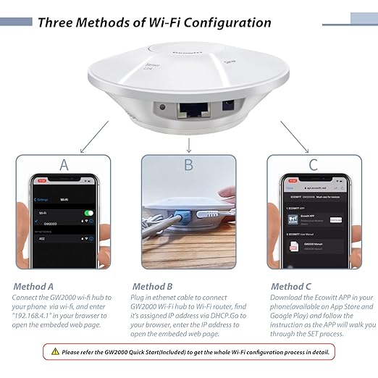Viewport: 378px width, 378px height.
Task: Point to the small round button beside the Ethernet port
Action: click(x=163, y=108)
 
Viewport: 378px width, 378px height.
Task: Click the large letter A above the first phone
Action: click(x=64, y=165)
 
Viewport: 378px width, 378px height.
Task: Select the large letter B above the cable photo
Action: click(x=188, y=165)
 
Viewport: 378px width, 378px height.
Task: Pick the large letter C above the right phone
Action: click(x=313, y=165)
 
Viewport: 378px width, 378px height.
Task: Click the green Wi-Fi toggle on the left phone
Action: click(x=89, y=214)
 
